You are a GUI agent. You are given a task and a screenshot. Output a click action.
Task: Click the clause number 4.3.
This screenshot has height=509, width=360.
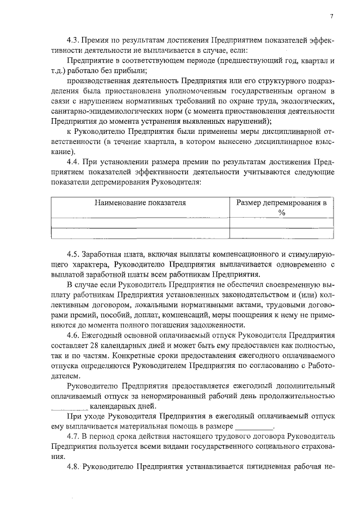point(72,41)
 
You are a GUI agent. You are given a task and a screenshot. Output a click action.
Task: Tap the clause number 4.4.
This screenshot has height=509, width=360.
point(72,162)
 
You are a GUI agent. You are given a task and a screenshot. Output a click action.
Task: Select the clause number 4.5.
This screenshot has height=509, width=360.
point(72,254)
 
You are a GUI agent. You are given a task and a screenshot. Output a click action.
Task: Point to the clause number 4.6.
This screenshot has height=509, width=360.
point(72,335)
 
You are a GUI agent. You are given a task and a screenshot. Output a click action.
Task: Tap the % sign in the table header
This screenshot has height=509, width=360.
point(282,213)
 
